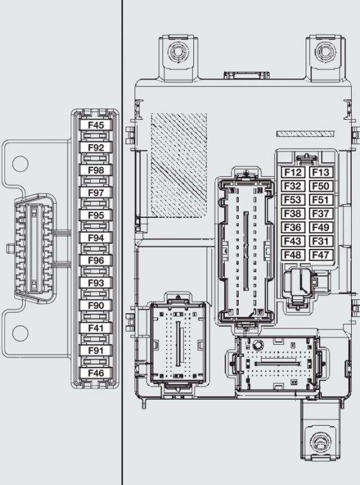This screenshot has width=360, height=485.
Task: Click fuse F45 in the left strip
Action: [95, 125]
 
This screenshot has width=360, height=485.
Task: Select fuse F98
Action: [95, 170]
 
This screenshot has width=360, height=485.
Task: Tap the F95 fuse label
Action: [95, 215]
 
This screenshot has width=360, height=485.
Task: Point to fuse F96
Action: [95, 260]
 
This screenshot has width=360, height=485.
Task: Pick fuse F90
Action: [95, 306]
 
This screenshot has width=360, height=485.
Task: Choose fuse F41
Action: [95, 328]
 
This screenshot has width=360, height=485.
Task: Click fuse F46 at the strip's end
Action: [95, 373]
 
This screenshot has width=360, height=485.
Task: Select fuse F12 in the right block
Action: [292, 172]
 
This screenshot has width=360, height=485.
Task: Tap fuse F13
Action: [321, 172]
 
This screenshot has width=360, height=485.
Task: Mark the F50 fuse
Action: [321, 186]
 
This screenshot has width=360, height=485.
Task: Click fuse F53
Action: [292, 200]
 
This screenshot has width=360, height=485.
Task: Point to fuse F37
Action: [321, 213]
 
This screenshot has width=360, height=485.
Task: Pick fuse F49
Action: [321, 227]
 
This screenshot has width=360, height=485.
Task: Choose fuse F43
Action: [292, 241]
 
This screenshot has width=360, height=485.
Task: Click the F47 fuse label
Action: [321, 255]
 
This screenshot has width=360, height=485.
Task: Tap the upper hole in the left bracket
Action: [20, 164]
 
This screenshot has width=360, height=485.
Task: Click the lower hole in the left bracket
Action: [20, 333]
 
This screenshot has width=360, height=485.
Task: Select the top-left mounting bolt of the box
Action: [179, 51]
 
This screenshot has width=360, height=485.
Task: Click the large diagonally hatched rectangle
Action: [179, 165]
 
